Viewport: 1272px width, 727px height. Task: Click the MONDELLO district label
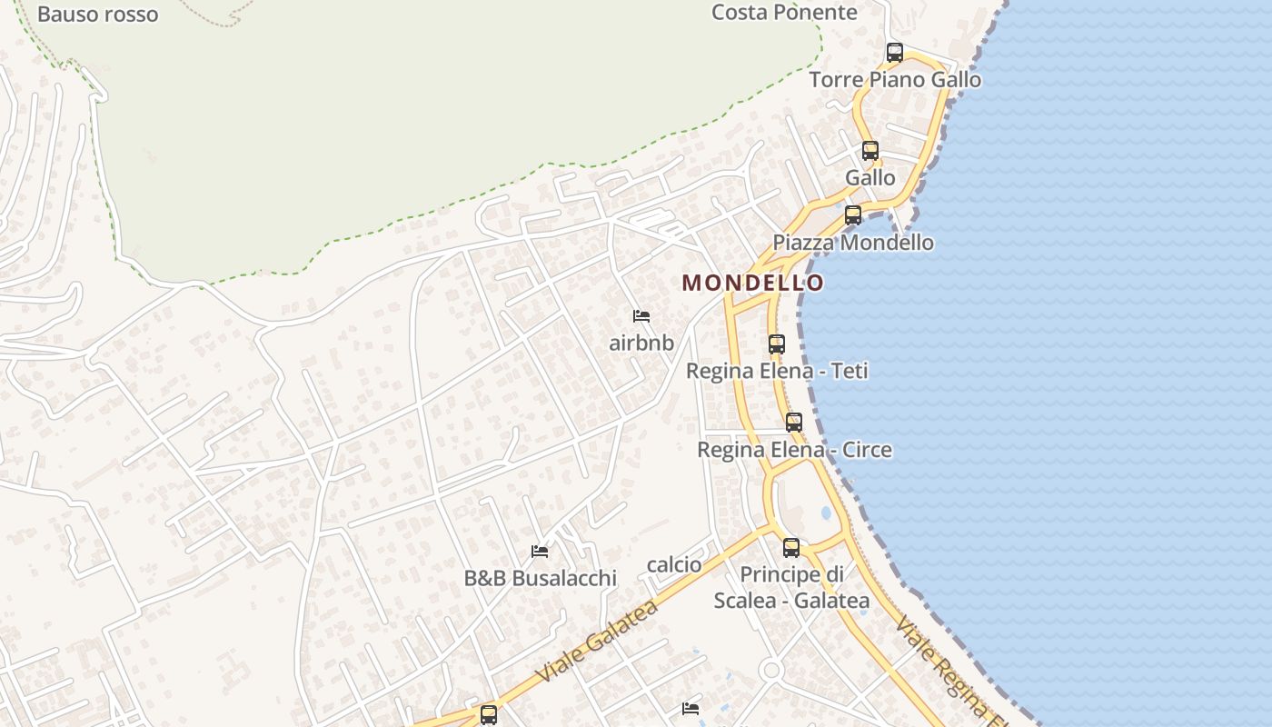coord(753,283)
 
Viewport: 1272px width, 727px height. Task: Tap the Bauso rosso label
coord(98,15)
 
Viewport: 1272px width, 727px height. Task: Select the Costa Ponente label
coord(784,13)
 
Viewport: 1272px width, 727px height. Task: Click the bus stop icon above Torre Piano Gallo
coord(895,53)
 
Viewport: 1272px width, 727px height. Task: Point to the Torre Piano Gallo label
coord(895,80)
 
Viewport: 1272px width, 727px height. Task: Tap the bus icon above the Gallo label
coord(870,151)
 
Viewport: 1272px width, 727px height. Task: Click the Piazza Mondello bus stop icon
coord(853,215)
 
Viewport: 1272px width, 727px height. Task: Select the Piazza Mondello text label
coord(853,243)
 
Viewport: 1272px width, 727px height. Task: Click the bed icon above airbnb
coord(641,316)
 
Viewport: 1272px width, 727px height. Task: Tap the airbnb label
coord(641,343)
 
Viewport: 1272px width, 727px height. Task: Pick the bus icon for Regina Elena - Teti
coord(777,344)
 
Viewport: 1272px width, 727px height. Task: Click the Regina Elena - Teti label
coord(777,371)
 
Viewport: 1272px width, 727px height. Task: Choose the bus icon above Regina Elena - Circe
coord(794,423)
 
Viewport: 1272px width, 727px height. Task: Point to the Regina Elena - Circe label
coord(794,450)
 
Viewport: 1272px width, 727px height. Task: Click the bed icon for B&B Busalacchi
coord(540,552)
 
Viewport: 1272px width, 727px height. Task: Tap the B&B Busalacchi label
coord(540,578)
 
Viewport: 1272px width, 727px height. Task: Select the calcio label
coord(674,565)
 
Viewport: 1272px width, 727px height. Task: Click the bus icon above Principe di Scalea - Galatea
coord(791,548)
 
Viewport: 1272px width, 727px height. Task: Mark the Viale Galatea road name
coord(596,642)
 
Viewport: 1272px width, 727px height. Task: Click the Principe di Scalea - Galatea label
coord(791,587)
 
